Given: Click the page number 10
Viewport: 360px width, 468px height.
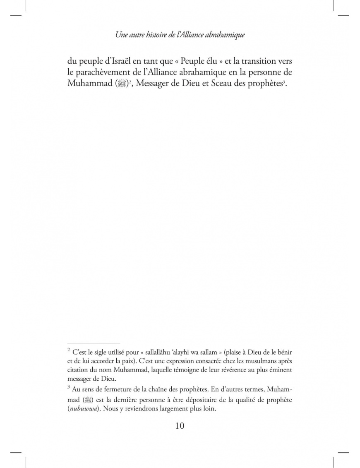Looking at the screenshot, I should [x=180, y=426].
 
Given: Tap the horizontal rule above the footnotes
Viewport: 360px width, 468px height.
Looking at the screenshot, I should [x=94, y=343].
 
